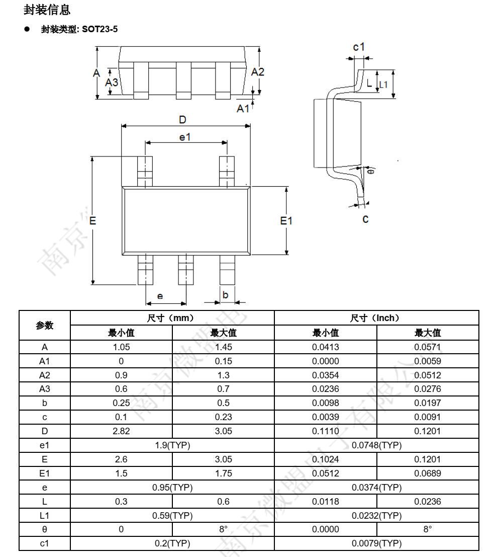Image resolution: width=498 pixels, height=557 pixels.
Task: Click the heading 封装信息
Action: pos(47,9)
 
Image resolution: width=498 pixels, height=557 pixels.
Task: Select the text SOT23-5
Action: pos(100,30)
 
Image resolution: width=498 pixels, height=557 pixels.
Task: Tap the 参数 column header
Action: pos(44,325)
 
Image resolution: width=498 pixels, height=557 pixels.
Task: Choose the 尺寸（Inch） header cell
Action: pos(376,318)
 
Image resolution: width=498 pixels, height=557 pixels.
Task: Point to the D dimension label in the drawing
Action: pos(183,119)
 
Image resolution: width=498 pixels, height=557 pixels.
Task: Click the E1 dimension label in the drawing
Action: pos(286,220)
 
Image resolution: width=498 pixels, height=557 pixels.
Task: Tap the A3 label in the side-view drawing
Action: pos(112,83)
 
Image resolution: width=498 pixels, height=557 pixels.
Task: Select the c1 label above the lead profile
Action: pos(359,47)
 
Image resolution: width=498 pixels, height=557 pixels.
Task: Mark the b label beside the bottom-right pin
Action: pos(225,295)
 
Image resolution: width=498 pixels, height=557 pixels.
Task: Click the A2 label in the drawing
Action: pos(258,71)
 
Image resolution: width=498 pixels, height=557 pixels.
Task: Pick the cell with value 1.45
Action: pos(223,347)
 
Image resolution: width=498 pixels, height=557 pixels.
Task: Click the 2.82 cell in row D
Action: pos(121,431)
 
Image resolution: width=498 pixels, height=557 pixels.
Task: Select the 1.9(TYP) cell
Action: pos(172,445)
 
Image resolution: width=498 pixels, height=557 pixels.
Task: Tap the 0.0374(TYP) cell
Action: pos(376,488)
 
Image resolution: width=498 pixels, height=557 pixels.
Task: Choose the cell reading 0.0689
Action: pos(428,473)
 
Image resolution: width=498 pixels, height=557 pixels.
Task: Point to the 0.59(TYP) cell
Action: pos(172,516)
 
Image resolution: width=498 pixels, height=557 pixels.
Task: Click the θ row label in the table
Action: pos(44,529)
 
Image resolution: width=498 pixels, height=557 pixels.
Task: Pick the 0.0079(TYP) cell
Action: pos(376,543)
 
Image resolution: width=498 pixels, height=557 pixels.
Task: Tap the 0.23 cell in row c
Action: pos(223,417)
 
